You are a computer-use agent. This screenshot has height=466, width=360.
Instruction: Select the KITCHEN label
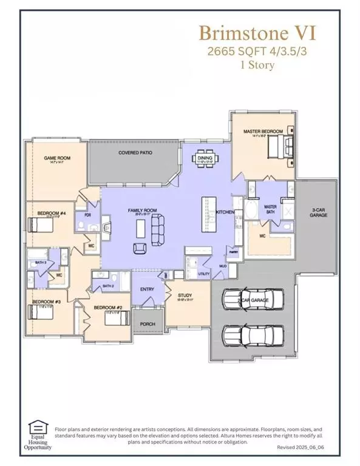click(225, 211)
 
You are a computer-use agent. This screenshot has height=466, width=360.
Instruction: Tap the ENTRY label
click(146, 289)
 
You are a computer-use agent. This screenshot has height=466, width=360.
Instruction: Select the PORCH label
click(147, 324)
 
